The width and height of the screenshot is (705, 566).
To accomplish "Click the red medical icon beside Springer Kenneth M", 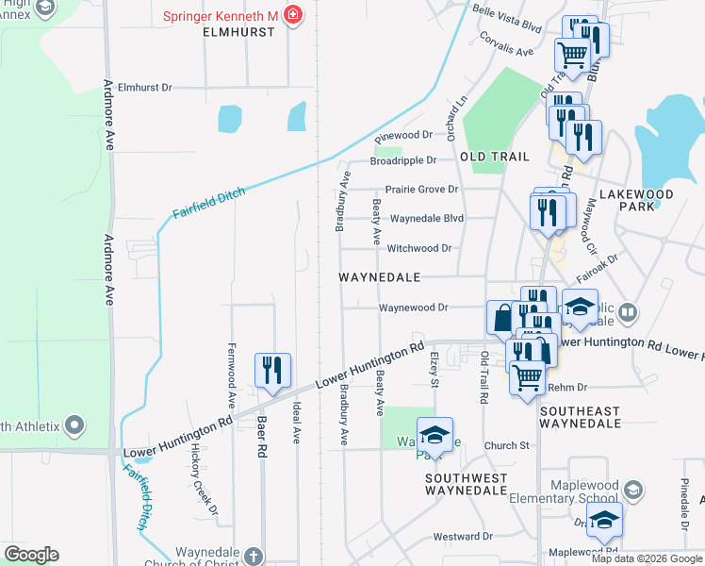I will pos(293,15).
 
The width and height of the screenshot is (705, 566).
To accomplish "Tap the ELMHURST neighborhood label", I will pos(238,31).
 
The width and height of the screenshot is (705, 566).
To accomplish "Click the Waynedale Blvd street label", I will pos(427,218).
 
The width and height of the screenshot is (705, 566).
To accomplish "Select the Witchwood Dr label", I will pos(419,248).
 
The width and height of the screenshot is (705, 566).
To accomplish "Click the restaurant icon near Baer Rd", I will pos(272,370).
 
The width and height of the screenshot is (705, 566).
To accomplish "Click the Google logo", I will pos(31,555).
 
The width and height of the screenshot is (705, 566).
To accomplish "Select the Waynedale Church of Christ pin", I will pos(253,556).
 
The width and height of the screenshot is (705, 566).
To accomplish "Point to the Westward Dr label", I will pos(463,537).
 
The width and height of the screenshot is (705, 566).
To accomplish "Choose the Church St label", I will pos(507,445).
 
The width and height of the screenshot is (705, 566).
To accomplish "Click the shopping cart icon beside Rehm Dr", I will pos(527,376).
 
